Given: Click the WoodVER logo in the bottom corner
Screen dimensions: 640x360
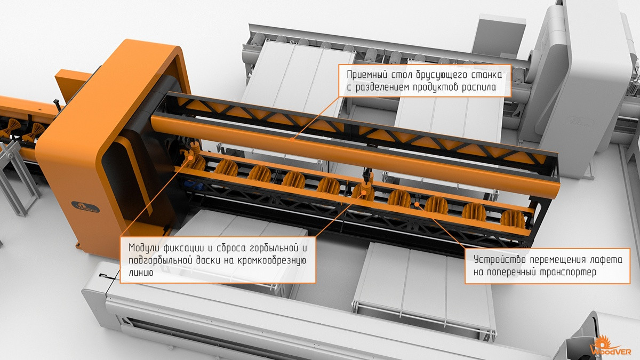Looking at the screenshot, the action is [611, 345].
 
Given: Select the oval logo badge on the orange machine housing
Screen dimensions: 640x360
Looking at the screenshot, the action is [85, 207].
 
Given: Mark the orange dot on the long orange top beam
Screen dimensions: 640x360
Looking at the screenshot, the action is [292, 140].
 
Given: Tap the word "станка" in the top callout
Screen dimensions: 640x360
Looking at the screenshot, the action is [486, 75].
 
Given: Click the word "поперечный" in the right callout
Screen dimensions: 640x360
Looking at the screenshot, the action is [510, 273].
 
